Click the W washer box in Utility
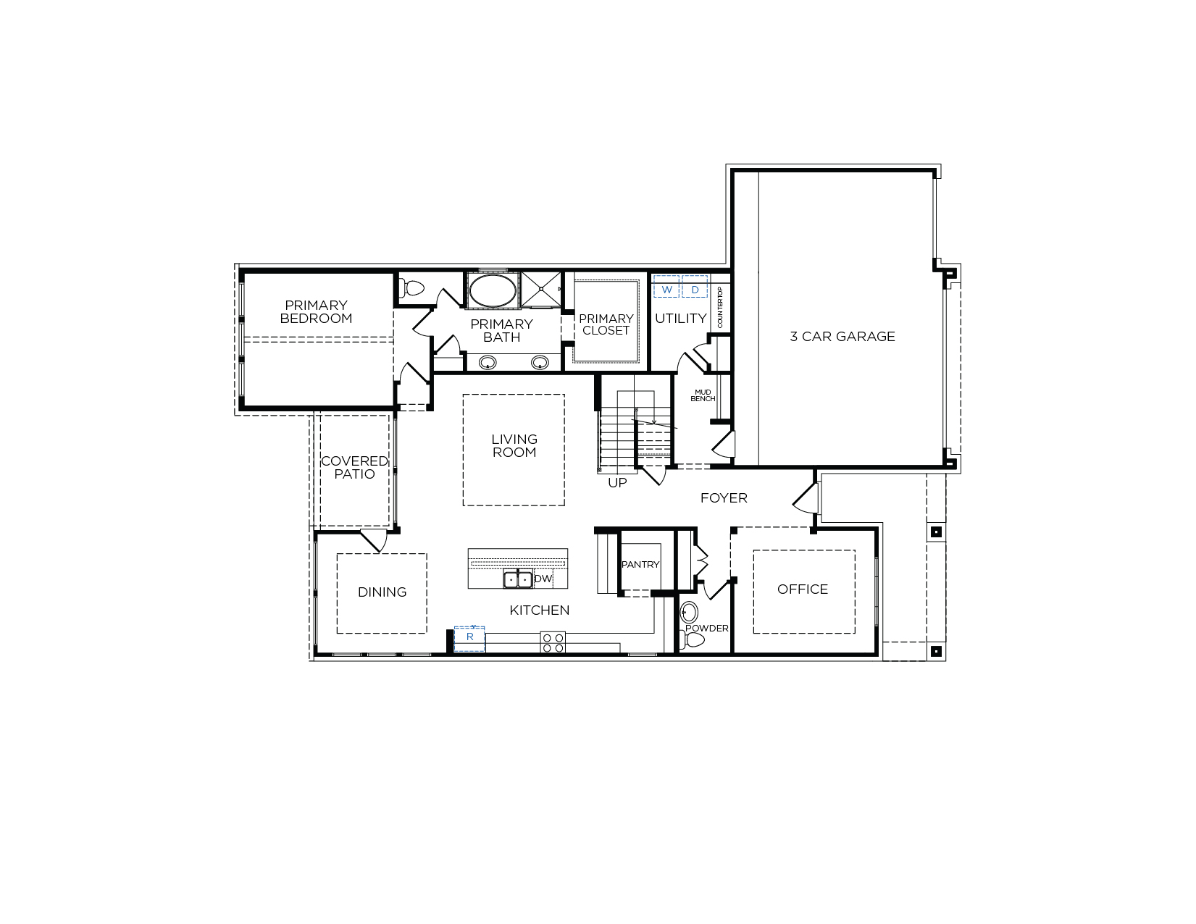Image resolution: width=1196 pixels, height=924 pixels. click(666, 287)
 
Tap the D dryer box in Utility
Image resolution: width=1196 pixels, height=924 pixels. click(695, 287)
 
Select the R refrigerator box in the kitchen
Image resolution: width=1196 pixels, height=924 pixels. click(469, 639)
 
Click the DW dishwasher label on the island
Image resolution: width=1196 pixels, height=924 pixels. click(543, 579)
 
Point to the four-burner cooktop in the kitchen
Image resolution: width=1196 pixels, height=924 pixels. click(553, 642)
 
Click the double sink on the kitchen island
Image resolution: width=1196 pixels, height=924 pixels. click(518, 579)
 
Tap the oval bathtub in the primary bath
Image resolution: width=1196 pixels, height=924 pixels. click(493, 290)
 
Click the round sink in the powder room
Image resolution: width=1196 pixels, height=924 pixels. click(689, 612)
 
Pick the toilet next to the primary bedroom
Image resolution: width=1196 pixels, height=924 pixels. click(411, 287)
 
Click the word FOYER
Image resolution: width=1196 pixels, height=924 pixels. click(724, 497)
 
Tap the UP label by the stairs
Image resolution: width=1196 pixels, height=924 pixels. click(617, 482)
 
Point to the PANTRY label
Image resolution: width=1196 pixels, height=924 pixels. click(640, 564)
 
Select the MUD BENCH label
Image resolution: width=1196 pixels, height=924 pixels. click(703, 395)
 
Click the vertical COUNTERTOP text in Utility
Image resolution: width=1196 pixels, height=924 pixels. click(720, 307)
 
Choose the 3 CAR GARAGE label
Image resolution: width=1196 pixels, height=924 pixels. click(842, 336)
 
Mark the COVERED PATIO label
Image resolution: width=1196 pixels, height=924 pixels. click(354, 468)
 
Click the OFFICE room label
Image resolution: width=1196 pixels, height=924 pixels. click(803, 589)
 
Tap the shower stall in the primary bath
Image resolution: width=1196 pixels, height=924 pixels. click(541, 289)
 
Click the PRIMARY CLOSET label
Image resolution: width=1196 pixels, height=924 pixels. click(606, 324)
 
